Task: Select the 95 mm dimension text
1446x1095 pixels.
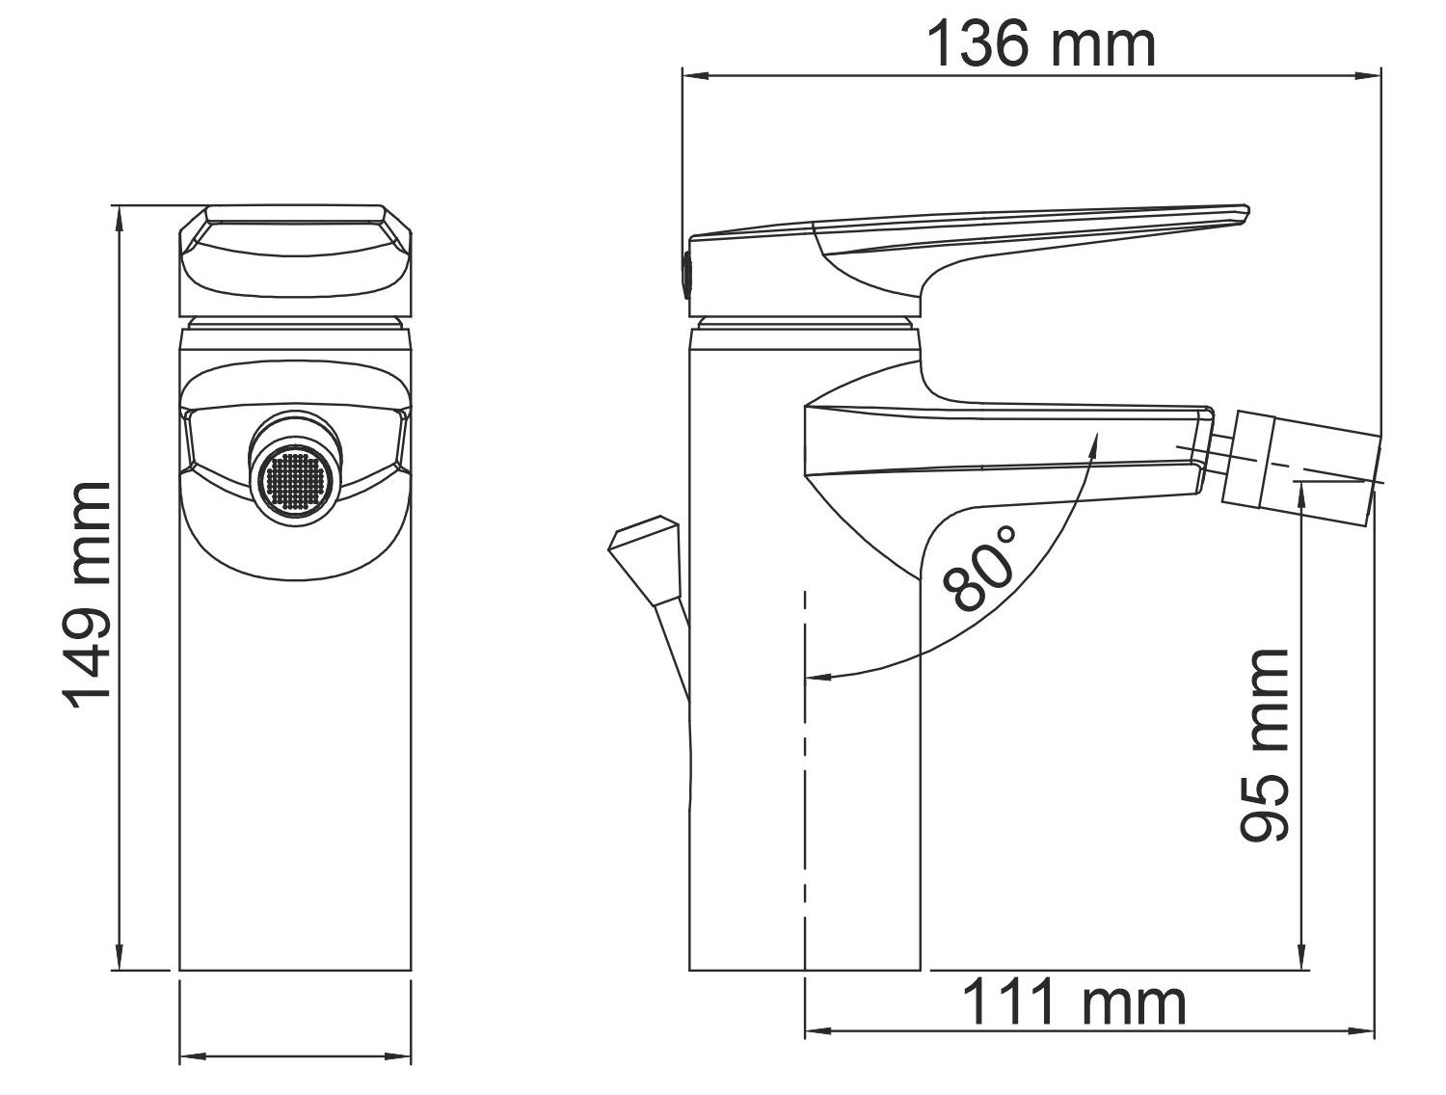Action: click(1264, 744)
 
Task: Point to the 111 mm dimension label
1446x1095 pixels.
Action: click(1074, 1002)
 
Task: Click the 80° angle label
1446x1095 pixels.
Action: click(981, 568)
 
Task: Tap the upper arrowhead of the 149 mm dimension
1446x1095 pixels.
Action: click(120, 215)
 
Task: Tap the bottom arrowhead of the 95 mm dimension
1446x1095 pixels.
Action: click(1303, 960)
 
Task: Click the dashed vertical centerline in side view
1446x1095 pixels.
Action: click(804, 771)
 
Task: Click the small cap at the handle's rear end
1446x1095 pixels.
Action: click(685, 273)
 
